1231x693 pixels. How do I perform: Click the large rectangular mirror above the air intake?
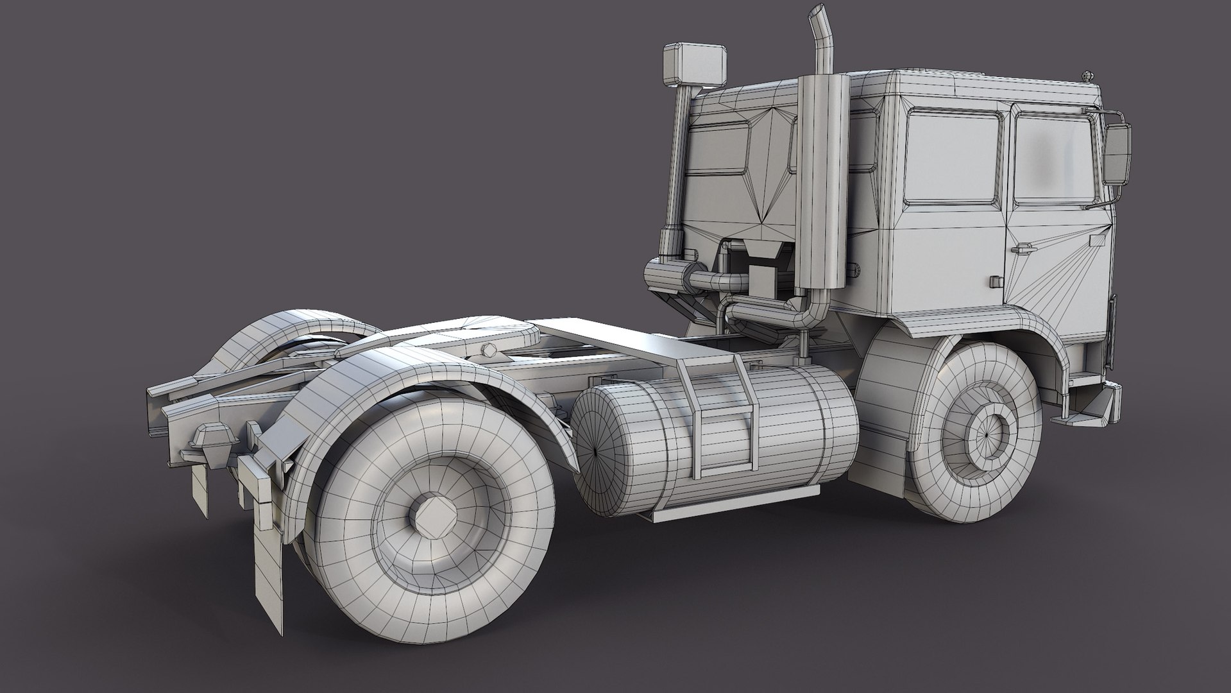tap(695, 64)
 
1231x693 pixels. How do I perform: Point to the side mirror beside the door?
tap(1117, 154)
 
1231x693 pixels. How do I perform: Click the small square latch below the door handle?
tap(996, 281)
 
